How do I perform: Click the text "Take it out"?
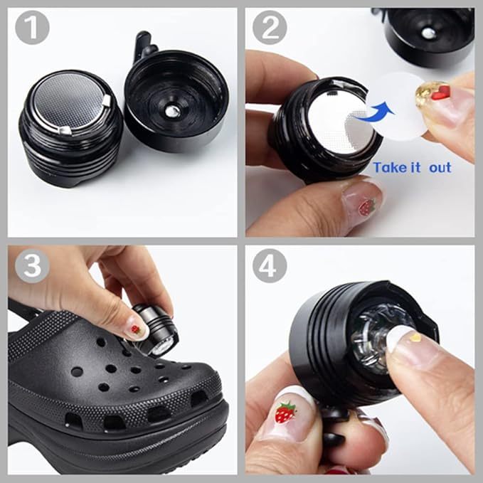click(x=412, y=167)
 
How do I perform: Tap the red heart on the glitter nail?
click(x=441, y=93)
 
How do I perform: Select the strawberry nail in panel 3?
click(x=136, y=329)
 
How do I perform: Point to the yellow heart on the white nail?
click(x=415, y=337)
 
